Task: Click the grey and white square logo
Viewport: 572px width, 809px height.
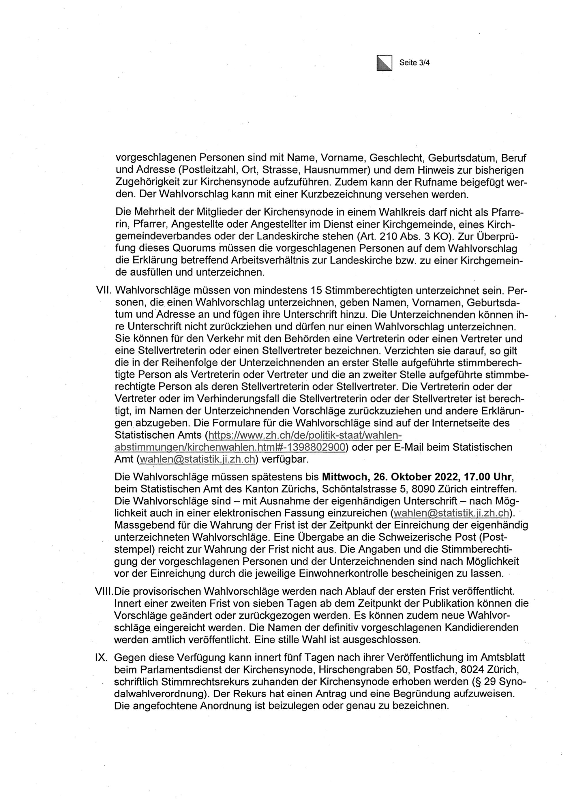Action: (384, 63)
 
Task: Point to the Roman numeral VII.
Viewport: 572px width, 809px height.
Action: (104, 291)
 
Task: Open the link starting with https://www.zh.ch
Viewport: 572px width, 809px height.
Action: (305, 435)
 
